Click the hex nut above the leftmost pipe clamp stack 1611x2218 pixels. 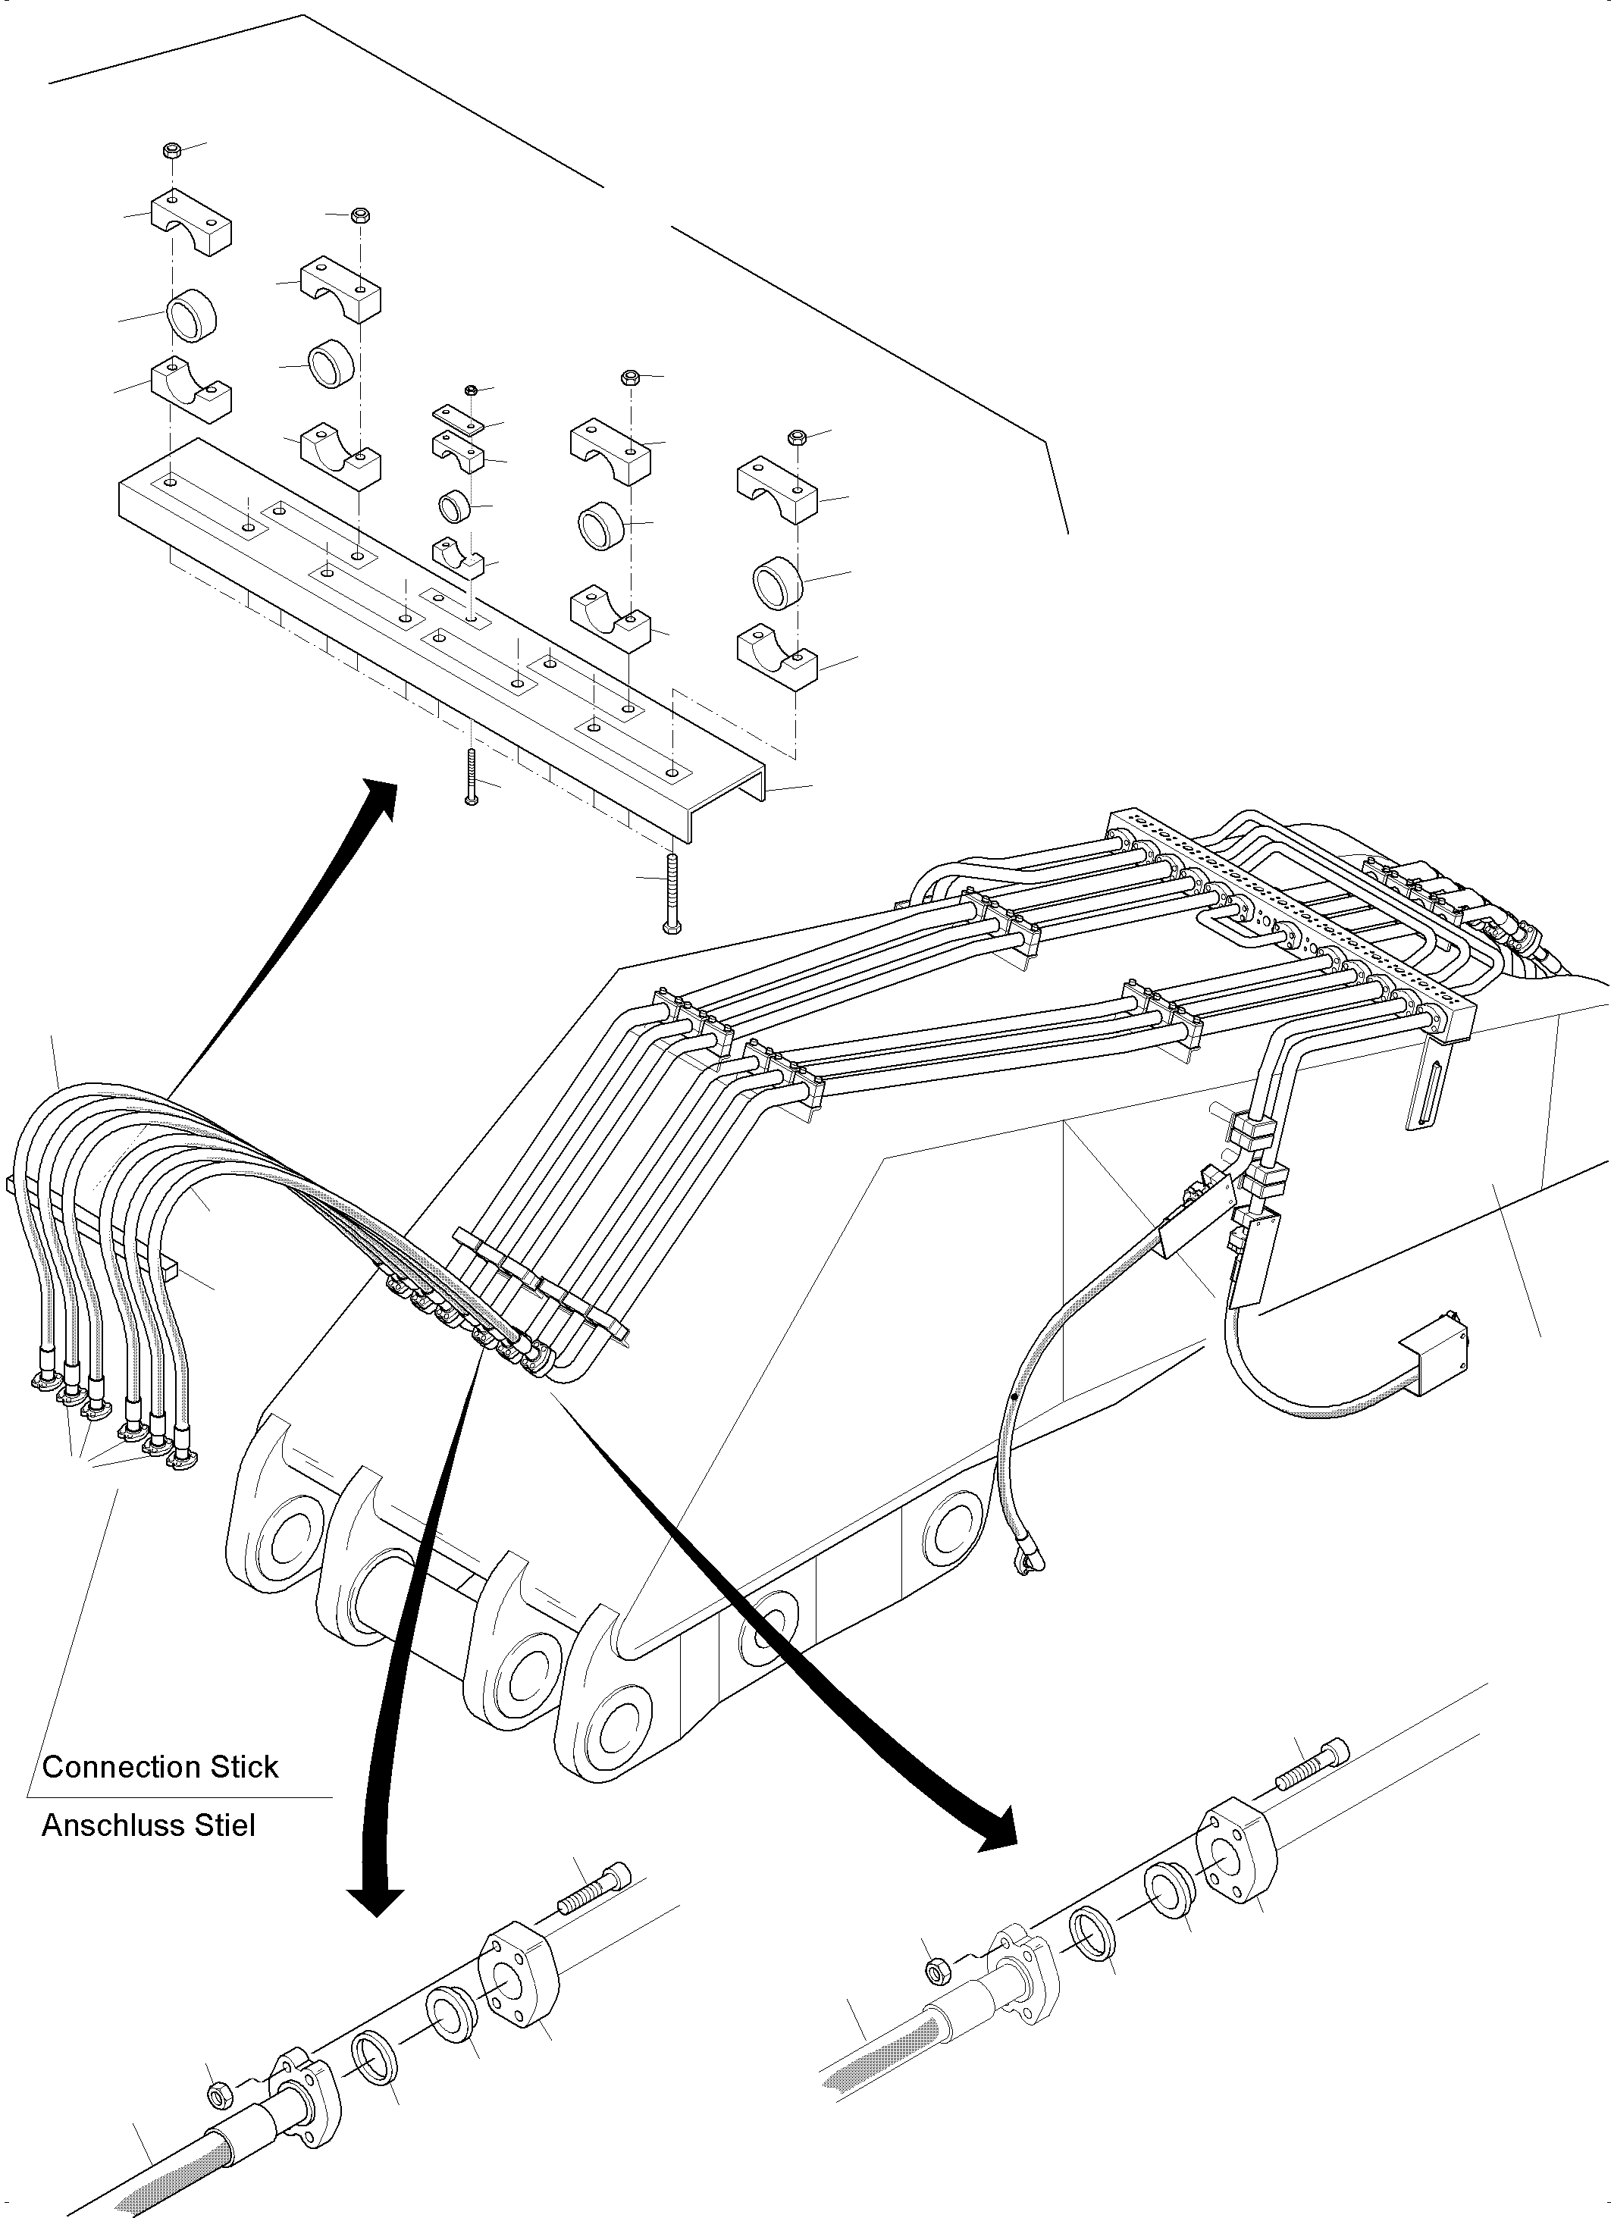pyautogui.click(x=171, y=151)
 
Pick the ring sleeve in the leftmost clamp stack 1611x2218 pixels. pyautogui.click(x=191, y=317)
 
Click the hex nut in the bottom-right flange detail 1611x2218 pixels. pyautogui.click(x=934, y=1969)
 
